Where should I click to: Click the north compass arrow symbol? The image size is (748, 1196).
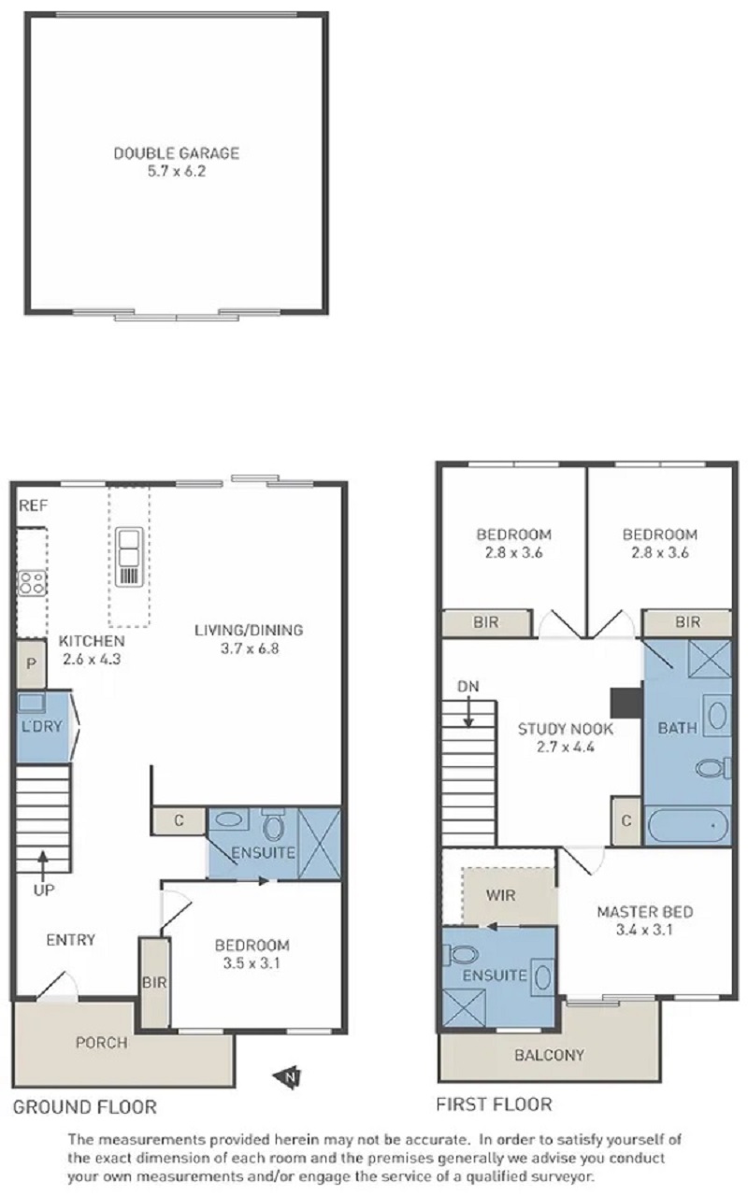[287, 1076]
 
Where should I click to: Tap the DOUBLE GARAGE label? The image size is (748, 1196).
[177, 154]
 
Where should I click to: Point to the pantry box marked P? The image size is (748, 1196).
[31, 663]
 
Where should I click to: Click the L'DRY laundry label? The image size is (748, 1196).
[41, 726]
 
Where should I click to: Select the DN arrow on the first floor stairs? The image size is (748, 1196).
[468, 710]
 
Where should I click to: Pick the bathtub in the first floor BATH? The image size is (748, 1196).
[688, 825]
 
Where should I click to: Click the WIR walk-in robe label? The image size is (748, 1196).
[500, 895]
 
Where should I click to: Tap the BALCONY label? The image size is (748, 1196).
[549, 1055]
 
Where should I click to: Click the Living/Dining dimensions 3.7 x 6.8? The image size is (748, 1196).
[250, 648]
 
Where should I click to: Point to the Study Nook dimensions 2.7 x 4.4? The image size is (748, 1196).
[566, 747]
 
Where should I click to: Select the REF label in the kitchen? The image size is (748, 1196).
[33, 505]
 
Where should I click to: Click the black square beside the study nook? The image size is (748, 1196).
[626, 703]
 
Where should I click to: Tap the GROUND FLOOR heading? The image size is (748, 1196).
[84, 1107]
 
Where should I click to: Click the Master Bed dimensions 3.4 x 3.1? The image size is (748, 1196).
[644, 930]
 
